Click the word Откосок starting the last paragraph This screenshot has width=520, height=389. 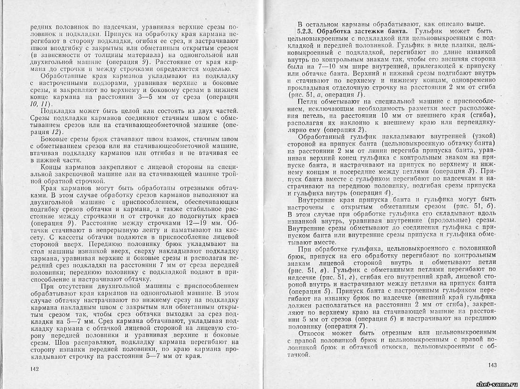316,333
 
